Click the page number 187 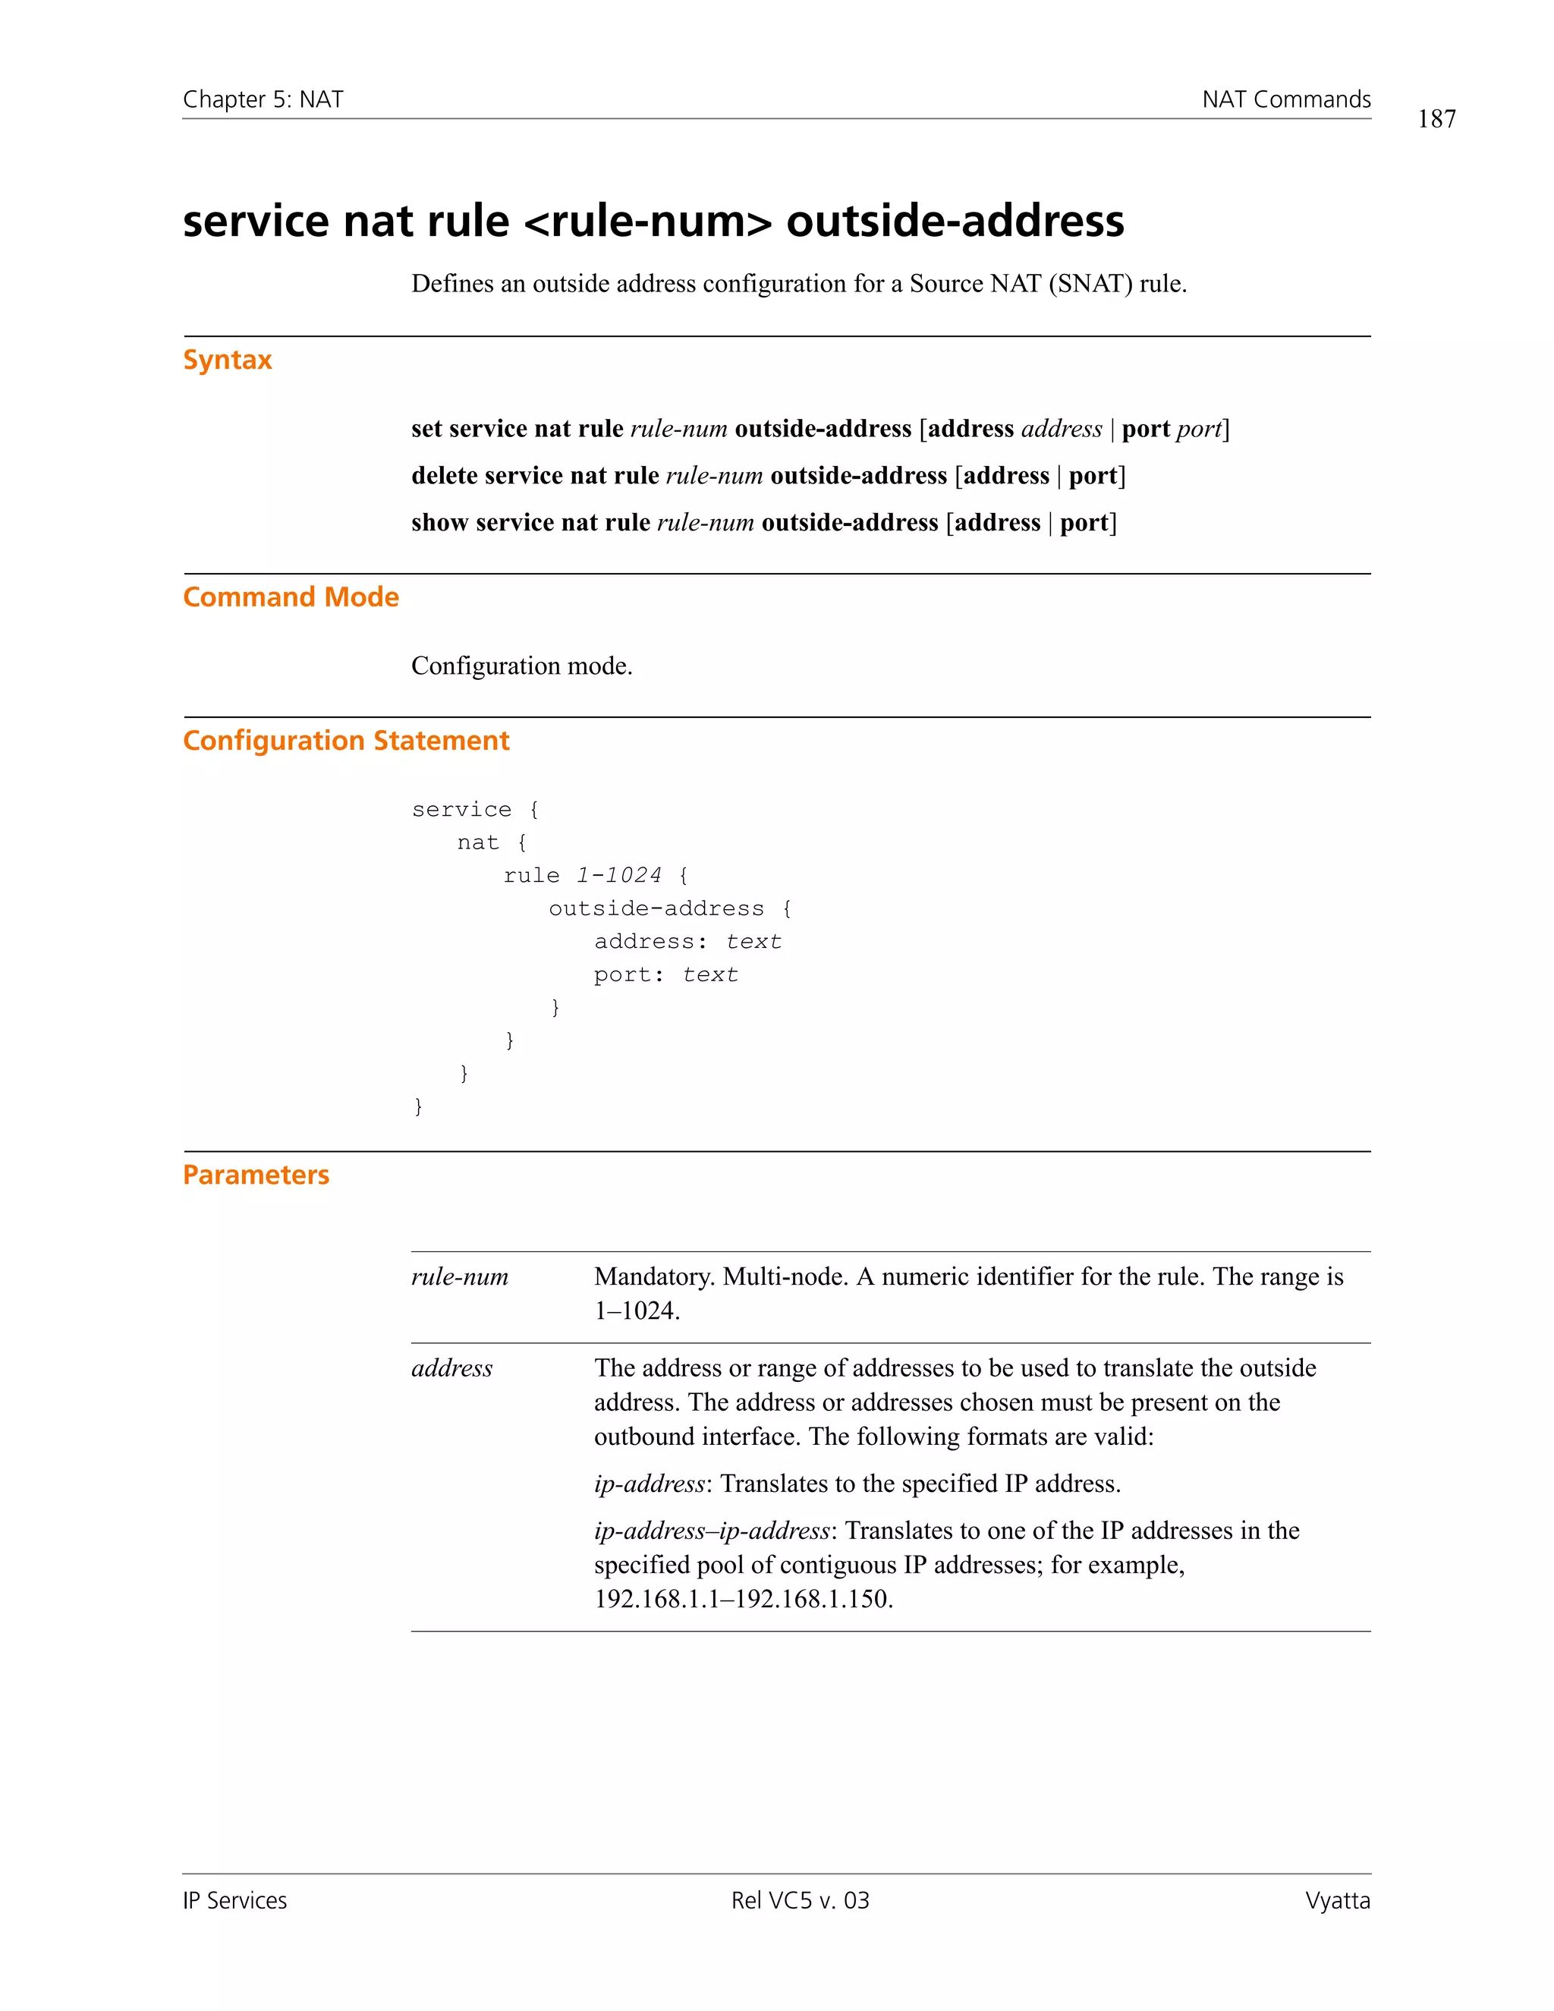coord(1436,119)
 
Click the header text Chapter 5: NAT coord(263,99)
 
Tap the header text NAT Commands coord(1285,99)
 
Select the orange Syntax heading coord(228,359)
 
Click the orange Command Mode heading coord(291,596)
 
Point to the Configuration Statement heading coord(345,741)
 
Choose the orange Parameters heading coord(256,1175)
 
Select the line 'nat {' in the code coord(492,842)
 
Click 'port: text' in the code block coord(665,974)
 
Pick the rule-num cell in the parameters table coord(459,1276)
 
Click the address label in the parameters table coord(452,1368)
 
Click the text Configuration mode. coord(521,666)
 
